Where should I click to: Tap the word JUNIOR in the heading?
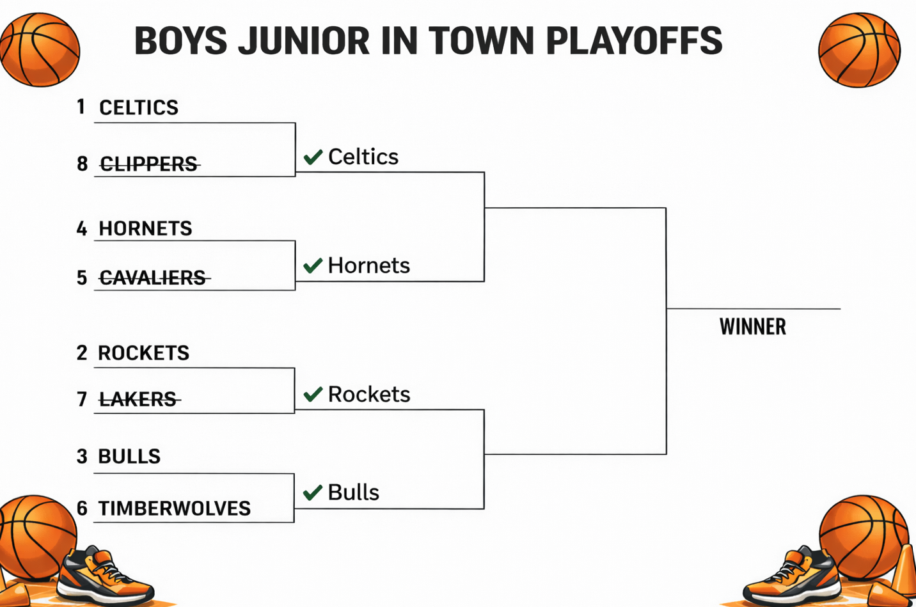pyautogui.click(x=303, y=41)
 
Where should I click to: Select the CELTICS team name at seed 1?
pyautogui.click(x=139, y=107)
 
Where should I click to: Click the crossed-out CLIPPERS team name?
pyautogui.click(x=149, y=164)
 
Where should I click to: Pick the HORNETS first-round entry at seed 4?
pyautogui.click(x=145, y=228)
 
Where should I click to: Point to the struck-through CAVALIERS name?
pyautogui.click(x=153, y=278)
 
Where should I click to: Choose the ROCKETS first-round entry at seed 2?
pyautogui.click(x=143, y=353)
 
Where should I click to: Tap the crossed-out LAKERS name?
pyautogui.click(x=138, y=399)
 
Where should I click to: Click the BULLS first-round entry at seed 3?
pyautogui.click(x=129, y=456)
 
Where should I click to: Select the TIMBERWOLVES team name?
pyautogui.click(x=174, y=508)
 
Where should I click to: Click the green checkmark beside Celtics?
pyautogui.click(x=313, y=157)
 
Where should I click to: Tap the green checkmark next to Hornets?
pyautogui.click(x=313, y=265)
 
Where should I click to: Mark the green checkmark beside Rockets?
pyautogui.click(x=313, y=394)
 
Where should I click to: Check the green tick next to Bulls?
pyautogui.click(x=313, y=493)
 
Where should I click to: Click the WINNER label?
pyautogui.click(x=752, y=327)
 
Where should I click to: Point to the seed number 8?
pyautogui.click(x=82, y=164)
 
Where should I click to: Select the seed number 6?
pyautogui.click(x=82, y=508)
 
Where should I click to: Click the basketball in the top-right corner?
pyautogui.click(x=859, y=50)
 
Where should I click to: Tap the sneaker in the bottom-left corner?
pyautogui.click(x=106, y=576)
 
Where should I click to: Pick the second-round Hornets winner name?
pyautogui.click(x=368, y=265)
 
